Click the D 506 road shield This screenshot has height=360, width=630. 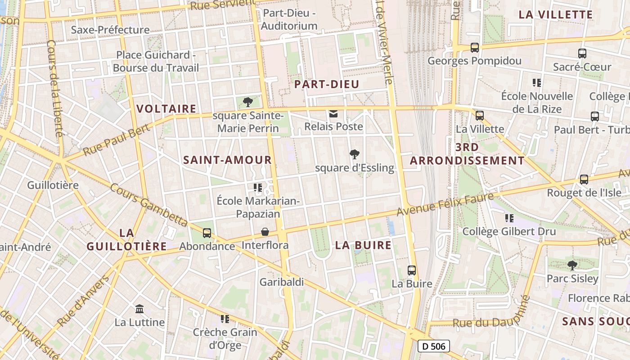tap(433, 346)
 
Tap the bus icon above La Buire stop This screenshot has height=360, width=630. tap(412, 270)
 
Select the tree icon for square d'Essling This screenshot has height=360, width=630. tap(355, 154)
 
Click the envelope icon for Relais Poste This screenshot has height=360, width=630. tap(333, 113)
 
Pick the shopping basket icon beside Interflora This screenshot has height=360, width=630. tap(265, 232)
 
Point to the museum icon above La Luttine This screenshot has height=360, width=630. tap(139, 309)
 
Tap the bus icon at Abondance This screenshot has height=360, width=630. tap(207, 233)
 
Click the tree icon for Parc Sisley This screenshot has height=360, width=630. tap(572, 265)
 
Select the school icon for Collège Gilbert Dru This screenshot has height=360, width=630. tap(509, 218)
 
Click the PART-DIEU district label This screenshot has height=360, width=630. tap(327, 84)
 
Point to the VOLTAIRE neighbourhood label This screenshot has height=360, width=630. tap(166, 108)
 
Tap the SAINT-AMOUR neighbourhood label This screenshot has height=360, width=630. tap(228, 160)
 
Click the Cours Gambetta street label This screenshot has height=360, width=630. tap(149, 205)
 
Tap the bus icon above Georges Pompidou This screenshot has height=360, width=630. tap(474, 47)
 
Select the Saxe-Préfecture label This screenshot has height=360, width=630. tap(110, 30)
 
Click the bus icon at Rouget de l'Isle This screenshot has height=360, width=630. tap(584, 179)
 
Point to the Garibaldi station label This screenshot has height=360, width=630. tap(282, 282)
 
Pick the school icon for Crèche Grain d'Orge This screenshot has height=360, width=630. tap(225, 319)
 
